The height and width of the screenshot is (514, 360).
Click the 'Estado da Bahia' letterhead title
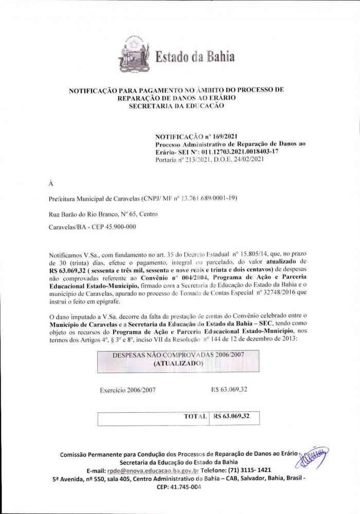(x=195, y=56)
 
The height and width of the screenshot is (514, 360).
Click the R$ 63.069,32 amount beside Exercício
(x=229, y=389)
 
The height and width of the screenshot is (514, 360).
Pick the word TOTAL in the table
(x=195, y=416)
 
